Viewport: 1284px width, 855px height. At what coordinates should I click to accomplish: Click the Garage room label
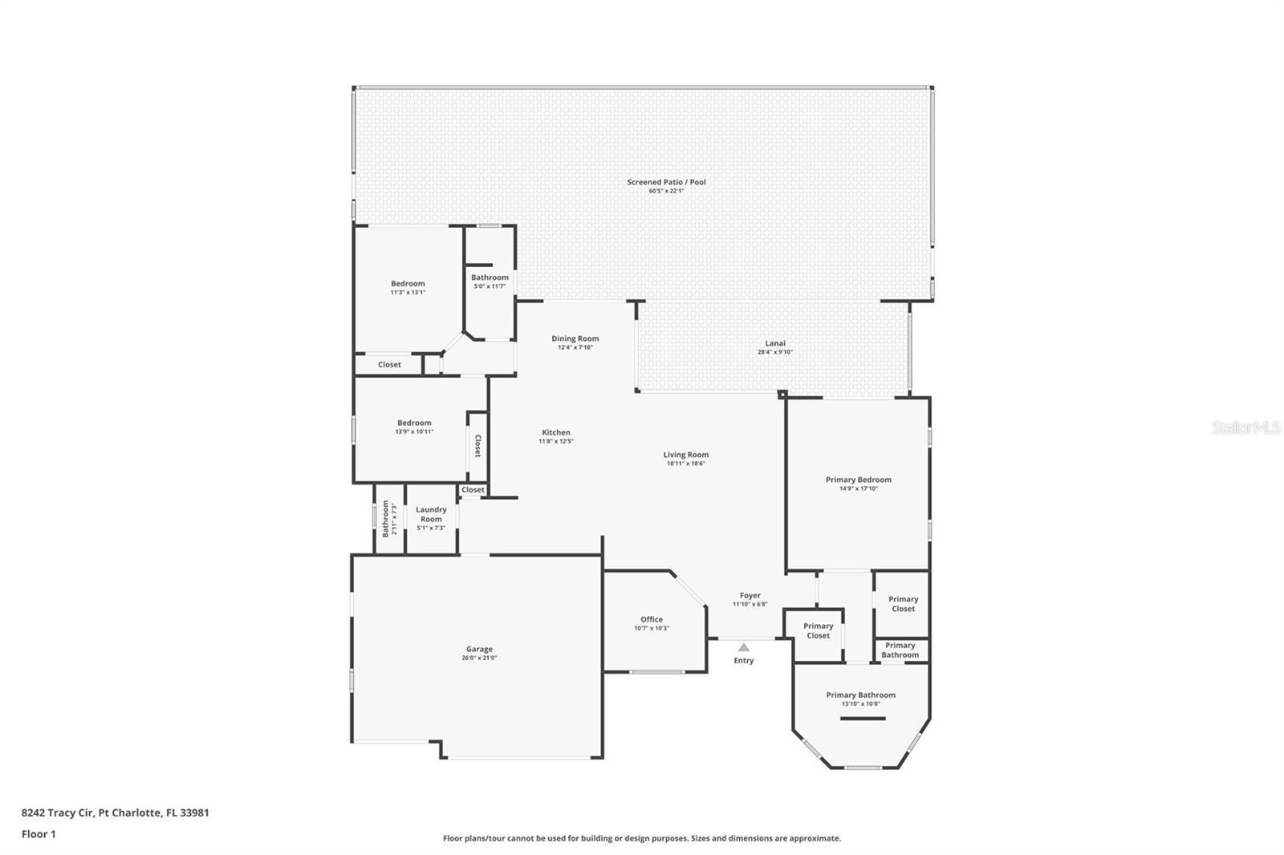point(479,649)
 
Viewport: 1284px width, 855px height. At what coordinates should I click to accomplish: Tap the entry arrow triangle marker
point(744,647)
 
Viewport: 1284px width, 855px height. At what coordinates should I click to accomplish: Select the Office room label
point(652,619)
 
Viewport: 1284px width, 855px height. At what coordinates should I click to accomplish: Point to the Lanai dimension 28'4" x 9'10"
point(775,352)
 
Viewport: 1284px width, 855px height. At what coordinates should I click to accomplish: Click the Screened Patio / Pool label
point(666,182)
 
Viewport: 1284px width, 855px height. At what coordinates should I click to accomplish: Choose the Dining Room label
point(575,338)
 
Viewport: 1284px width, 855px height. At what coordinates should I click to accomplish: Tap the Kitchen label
point(555,432)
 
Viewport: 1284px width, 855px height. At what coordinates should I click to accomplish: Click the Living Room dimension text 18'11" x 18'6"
point(685,464)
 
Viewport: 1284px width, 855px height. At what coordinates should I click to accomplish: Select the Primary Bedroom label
point(858,480)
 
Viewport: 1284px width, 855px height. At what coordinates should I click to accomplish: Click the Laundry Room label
point(431,514)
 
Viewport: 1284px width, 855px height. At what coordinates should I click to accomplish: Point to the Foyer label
point(750,595)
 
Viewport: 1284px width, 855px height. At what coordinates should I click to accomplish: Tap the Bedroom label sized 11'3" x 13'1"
point(408,283)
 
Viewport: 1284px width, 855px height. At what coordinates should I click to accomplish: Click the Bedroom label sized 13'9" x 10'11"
point(414,423)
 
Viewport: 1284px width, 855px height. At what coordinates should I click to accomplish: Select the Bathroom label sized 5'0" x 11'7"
point(490,278)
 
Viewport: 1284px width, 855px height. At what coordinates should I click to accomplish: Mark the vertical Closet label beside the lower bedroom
point(477,446)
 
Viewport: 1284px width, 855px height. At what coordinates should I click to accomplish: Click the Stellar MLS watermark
point(1245,427)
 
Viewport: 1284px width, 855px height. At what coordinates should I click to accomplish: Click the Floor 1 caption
point(39,834)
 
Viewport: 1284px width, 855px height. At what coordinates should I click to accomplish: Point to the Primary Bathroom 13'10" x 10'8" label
point(860,695)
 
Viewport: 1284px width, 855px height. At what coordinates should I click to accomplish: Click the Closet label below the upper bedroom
point(389,364)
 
